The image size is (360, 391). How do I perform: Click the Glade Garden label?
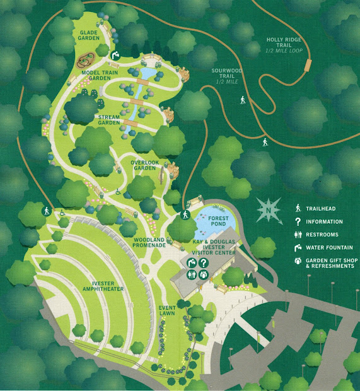(89, 35)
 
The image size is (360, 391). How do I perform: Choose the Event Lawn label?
(166, 310)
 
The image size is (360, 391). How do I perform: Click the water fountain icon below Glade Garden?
(115, 56)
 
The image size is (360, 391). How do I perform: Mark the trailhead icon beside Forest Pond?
(185, 215)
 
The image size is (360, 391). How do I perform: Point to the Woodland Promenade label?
(149, 242)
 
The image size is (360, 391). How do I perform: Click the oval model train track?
(86, 62)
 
